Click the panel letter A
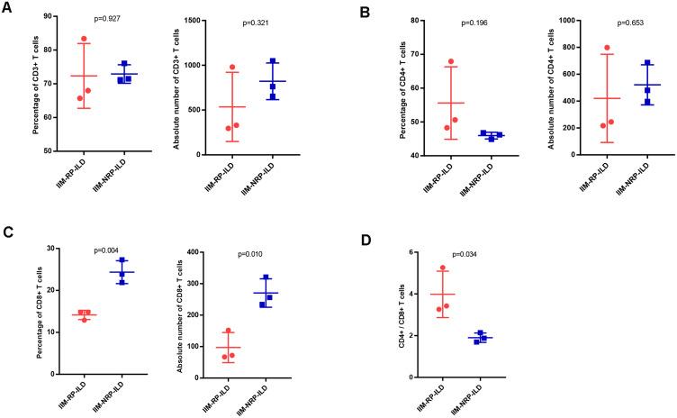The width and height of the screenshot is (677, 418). click(x=7, y=11)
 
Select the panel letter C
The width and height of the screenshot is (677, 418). click(x=7, y=234)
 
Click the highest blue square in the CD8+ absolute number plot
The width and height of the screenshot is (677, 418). click(x=266, y=277)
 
